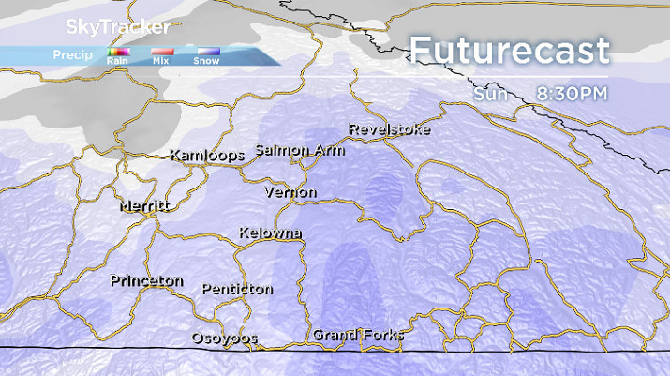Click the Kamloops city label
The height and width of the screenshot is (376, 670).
(207, 155)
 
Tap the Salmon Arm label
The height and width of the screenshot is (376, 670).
(300, 150)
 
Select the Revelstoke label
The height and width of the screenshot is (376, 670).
(389, 129)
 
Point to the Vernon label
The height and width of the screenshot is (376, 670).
(290, 192)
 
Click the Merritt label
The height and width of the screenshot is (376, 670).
(143, 205)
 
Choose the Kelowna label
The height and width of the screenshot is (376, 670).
(270, 233)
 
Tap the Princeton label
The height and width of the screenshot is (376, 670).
(146, 281)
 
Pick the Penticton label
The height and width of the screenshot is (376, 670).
(237, 289)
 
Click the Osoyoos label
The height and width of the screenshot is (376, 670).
(224, 338)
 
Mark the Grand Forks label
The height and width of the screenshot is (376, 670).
(358, 335)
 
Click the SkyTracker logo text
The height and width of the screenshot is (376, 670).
(106, 27)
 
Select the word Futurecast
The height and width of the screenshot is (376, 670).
(510, 51)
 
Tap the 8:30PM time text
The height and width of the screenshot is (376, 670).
(573, 93)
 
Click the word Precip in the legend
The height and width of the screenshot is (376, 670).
(72, 54)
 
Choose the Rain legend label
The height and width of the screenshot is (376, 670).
(118, 61)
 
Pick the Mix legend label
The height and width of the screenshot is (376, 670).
(160, 61)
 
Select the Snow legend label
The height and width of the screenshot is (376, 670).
(206, 61)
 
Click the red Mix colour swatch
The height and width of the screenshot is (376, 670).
(163, 53)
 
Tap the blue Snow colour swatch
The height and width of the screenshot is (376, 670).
(208, 53)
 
